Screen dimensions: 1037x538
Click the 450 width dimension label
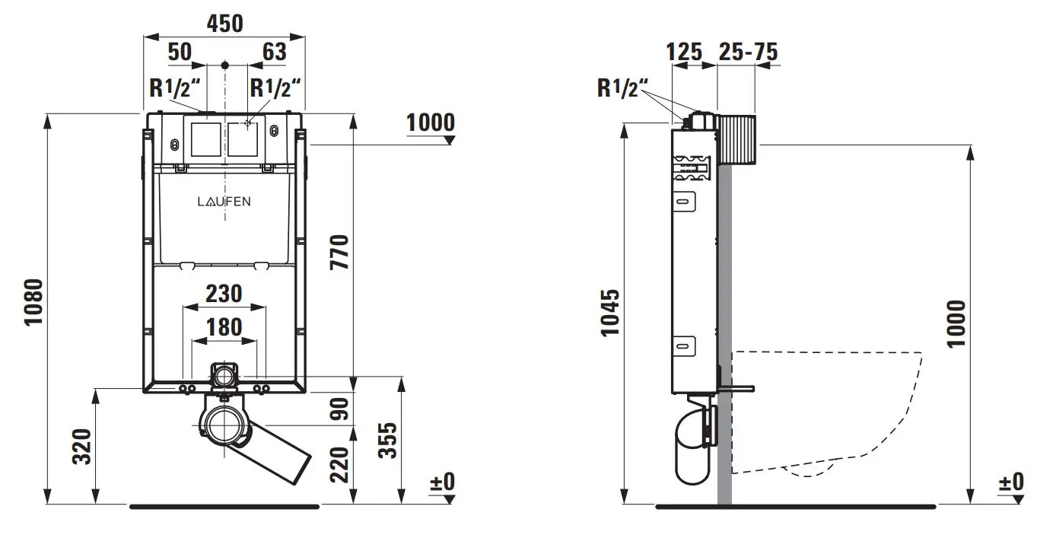[224, 24]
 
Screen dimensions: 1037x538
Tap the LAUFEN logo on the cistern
[224, 202]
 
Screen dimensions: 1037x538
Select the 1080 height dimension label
[33, 302]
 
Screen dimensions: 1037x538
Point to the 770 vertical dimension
[339, 252]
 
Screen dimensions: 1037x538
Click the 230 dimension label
[224, 294]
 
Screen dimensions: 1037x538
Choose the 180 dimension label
[224, 327]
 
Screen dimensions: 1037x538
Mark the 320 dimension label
[82, 447]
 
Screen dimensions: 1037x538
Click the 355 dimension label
[388, 441]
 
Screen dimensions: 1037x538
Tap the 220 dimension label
[339, 464]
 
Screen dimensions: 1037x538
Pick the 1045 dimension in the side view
[609, 313]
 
